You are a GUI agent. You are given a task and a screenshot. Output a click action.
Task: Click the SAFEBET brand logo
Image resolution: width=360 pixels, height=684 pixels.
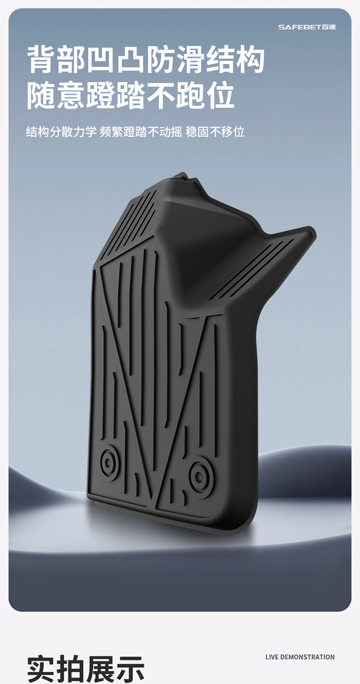307,27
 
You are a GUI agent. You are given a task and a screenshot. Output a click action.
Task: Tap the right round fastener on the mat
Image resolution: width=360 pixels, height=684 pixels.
200,477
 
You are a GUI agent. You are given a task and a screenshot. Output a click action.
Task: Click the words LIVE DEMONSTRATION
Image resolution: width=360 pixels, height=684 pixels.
300,657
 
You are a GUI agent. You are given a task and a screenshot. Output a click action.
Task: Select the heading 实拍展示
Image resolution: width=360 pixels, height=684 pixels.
86,668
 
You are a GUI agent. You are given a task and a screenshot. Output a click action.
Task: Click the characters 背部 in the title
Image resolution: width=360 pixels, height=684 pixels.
57,59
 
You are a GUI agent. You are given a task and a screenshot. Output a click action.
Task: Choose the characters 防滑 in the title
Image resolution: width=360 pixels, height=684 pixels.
176,59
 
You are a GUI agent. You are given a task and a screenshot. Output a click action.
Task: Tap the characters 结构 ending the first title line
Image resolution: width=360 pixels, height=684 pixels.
235,59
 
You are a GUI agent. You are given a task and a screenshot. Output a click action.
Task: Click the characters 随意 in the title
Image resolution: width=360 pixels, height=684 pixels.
56,95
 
